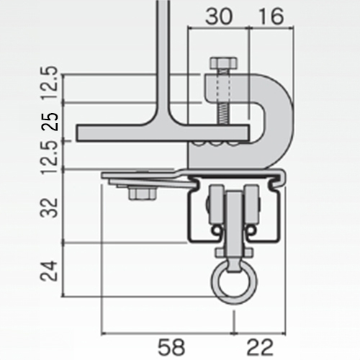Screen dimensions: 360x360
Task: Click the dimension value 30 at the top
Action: (219, 17)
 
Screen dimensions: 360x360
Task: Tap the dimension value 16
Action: (271, 17)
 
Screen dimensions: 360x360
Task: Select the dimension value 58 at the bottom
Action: (172, 347)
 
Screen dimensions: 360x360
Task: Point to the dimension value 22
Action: (260, 347)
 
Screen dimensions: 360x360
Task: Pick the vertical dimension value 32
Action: (49, 208)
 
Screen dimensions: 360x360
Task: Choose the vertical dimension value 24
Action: (49, 271)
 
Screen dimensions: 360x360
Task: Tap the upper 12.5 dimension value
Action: (49, 83)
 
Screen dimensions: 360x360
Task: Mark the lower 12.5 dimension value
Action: (49, 158)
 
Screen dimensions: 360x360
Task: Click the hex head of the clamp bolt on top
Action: (224, 63)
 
